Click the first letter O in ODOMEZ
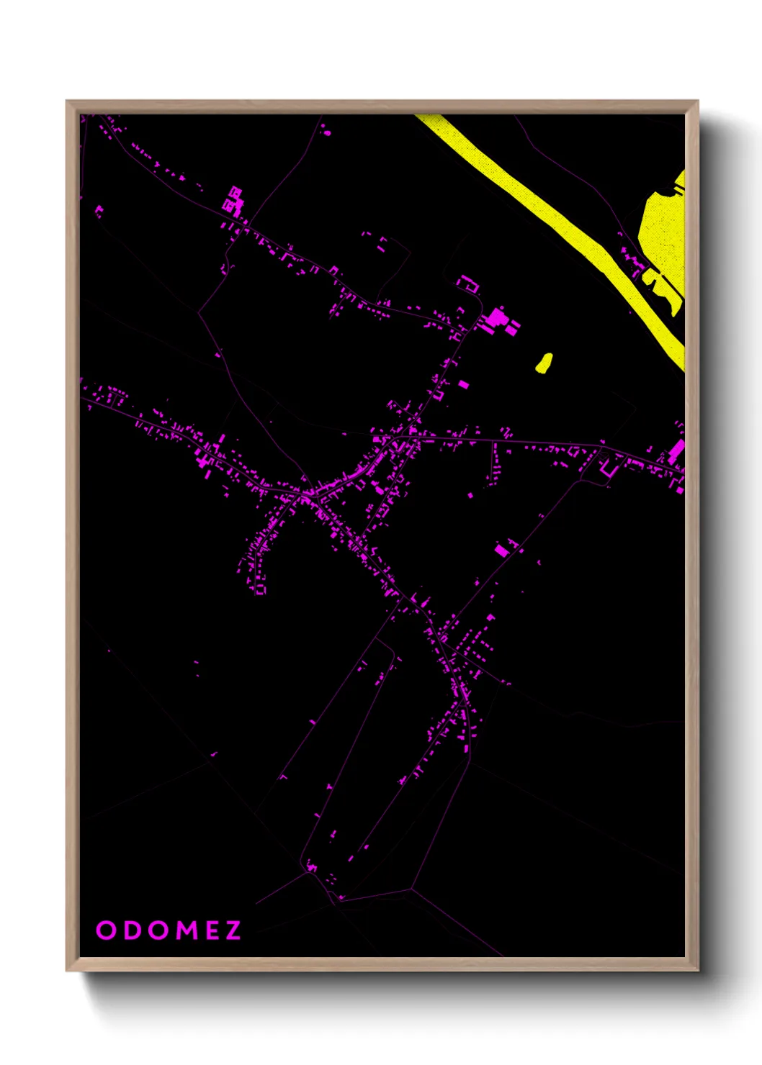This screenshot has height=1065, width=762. [x=106, y=930]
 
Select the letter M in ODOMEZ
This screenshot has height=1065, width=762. [x=187, y=930]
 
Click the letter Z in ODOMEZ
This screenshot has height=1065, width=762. [x=233, y=930]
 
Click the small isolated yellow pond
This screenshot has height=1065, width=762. [x=544, y=363]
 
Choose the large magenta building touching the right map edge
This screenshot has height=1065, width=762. [x=677, y=452]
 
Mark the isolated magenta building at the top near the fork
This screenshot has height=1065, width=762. [x=326, y=131]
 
